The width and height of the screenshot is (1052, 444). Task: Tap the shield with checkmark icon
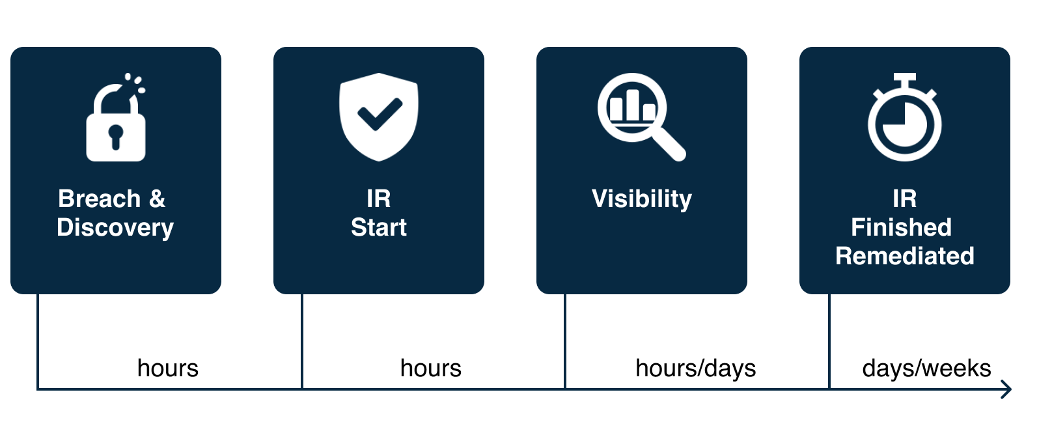[x=378, y=117]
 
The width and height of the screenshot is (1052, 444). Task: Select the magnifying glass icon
[x=641, y=117]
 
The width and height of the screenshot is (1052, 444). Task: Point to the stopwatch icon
[x=904, y=117]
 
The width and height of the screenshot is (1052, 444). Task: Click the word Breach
[x=99, y=199]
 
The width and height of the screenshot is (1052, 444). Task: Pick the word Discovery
[x=115, y=229]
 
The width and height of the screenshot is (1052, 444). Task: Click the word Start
[x=378, y=228]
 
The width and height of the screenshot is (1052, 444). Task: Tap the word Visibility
[x=641, y=200]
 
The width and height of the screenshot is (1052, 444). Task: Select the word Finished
[x=901, y=227]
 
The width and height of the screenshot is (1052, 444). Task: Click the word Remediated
[x=904, y=256]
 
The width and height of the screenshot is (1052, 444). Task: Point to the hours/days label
[x=695, y=368]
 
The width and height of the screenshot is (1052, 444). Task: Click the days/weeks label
[x=926, y=368]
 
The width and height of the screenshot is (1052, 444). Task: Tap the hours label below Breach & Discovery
[x=168, y=368]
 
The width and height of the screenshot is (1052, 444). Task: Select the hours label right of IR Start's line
[x=431, y=368]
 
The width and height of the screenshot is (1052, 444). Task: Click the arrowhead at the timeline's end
[x=1008, y=389]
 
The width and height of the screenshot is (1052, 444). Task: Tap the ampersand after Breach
[x=158, y=199]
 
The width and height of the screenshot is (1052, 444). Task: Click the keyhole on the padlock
[x=115, y=137]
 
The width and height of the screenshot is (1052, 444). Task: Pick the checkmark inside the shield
[x=380, y=114]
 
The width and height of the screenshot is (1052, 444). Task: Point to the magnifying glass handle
[x=669, y=144]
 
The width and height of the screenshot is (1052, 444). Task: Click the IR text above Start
[x=378, y=199]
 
